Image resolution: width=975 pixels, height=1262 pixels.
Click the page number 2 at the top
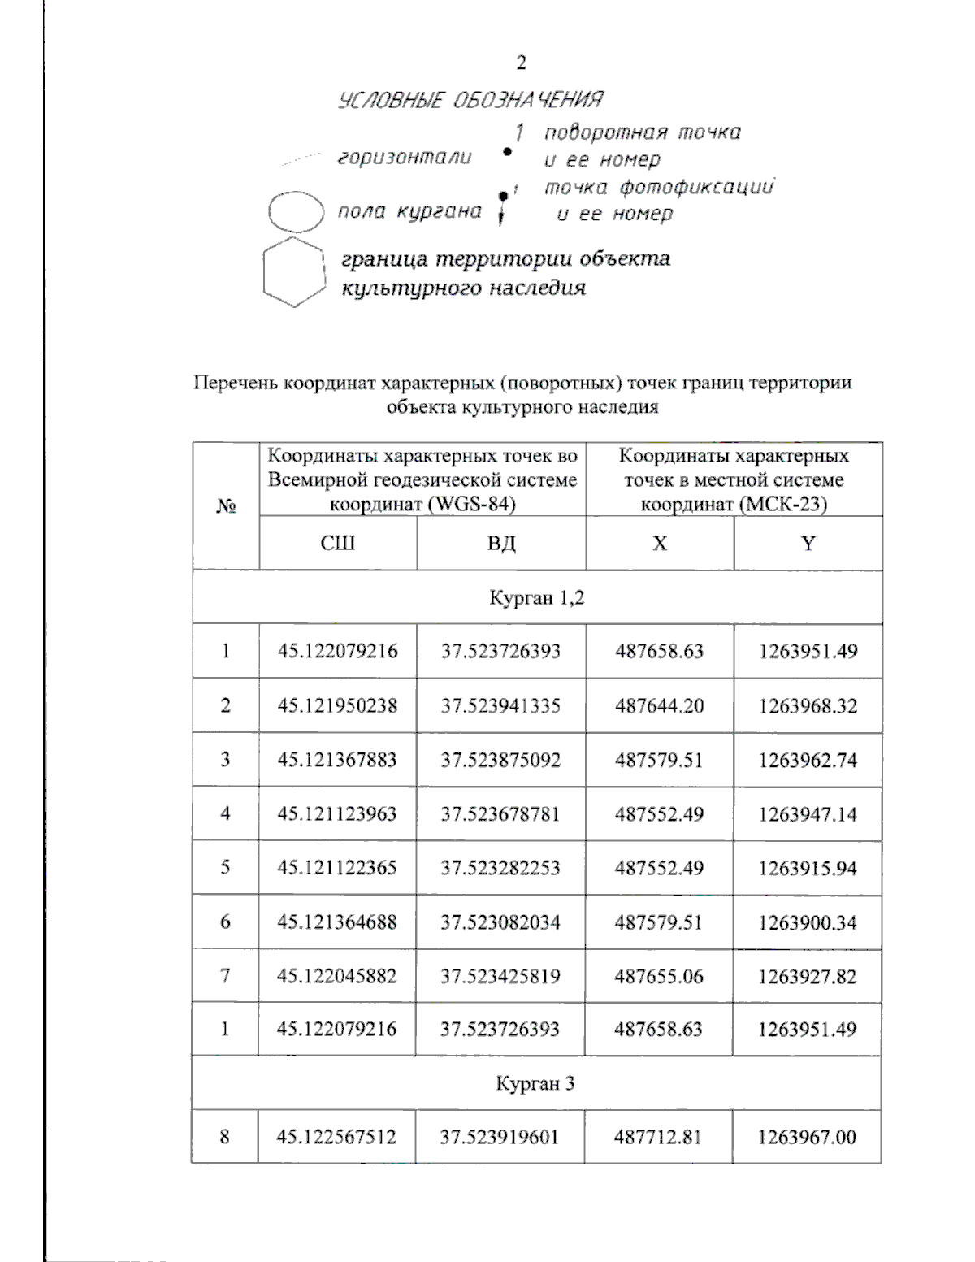coord(521,63)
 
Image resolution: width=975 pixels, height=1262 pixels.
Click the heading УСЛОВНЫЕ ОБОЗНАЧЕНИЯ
coord(470,100)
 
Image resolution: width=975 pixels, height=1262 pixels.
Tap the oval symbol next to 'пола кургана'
coord(297,212)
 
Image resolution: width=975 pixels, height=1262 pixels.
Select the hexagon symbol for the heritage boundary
coord(294,271)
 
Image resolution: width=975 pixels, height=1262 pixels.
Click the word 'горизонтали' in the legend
coord(404,158)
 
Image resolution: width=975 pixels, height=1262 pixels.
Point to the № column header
coord(226,506)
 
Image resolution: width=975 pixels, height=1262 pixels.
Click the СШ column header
coord(337,543)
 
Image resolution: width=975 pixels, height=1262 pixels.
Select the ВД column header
coord(501,543)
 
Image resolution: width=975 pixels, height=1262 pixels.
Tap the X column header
coord(660,543)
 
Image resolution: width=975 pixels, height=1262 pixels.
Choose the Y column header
coord(808,543)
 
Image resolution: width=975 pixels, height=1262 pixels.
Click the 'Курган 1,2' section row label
coord(536,598)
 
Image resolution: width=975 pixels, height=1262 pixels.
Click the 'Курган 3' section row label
coord(535,1083)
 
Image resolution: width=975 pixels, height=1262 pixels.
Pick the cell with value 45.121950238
coord(337,705)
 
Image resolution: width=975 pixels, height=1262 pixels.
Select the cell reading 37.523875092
coord(500,760)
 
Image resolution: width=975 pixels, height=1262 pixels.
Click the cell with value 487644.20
coord(659,705)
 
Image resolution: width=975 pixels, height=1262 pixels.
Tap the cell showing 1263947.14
coord(808,813)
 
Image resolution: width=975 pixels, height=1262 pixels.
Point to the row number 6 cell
coord(225,922)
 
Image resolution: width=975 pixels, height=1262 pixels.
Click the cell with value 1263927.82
coord(807,976)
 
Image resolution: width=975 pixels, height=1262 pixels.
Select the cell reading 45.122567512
coord(336,1136)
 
